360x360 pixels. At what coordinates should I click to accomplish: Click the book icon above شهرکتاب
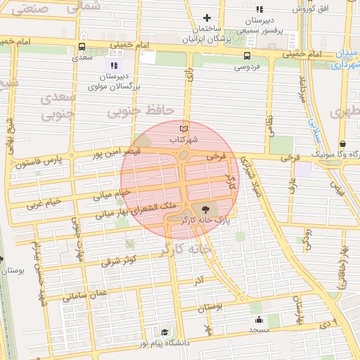click(x=184, y=129)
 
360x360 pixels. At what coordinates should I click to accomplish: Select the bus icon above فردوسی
click(x=247, y=56)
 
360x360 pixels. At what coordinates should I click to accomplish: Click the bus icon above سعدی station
click(x=82, y=48)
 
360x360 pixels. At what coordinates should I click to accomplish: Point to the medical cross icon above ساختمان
click(x=207, y=18)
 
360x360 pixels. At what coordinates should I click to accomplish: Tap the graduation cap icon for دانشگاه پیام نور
click(x=165, y=332)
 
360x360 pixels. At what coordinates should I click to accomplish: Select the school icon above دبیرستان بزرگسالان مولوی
click(x=115, y=65)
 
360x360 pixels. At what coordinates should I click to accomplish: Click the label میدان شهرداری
click(x=344, y=60)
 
